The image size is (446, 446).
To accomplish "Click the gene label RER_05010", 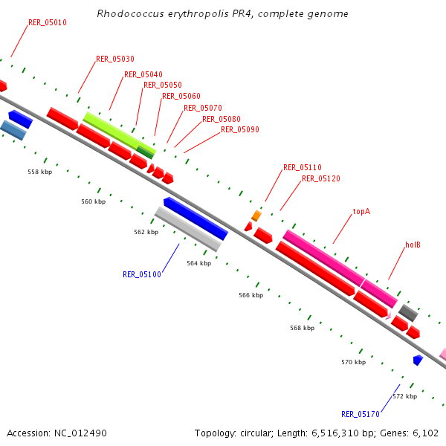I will [48, 22].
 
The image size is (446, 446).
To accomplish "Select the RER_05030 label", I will [115, 59].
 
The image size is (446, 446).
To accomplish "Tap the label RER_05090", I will [240, 129].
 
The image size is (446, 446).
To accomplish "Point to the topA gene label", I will [361, 211].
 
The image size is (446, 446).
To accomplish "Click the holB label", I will [413, 245].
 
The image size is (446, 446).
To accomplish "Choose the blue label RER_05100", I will [142, 274].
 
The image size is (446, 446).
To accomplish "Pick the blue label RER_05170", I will [361, 414].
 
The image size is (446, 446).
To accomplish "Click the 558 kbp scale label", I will [40, 172].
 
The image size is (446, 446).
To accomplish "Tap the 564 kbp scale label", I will [199, 263].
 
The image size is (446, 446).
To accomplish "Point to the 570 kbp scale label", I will [354, 362].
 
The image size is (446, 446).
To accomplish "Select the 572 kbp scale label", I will [404, 396].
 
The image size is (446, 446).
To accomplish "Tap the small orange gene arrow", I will [256, 216].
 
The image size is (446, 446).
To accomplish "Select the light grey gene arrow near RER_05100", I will [188, 229].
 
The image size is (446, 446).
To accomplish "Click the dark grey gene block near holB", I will [408, 311].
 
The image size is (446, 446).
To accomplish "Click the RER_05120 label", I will [321, 178].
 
